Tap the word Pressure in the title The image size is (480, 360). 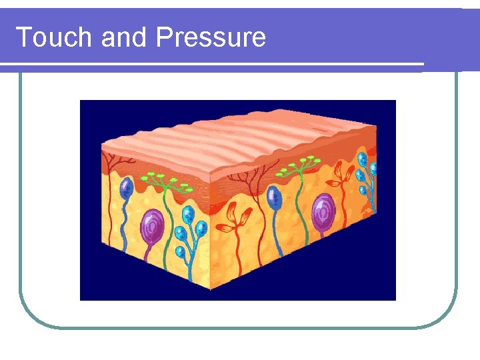pos(211,37)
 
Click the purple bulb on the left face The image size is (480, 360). pos(153,225)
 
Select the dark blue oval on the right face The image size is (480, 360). pos(273,197)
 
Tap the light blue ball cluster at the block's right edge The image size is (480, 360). pos(364,173)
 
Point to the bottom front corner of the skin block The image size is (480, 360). pos(213,288)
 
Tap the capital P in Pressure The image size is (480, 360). pos(162,37)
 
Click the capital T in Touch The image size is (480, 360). pos(23,37)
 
